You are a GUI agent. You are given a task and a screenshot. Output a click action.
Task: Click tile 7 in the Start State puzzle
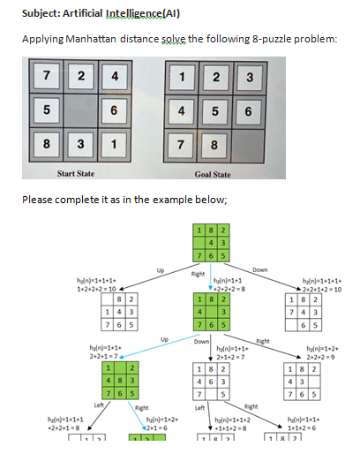tap(42, 77)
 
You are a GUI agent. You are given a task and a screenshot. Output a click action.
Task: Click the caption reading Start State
tap(78, 175)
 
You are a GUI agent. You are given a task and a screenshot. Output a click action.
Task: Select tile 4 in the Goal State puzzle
tap(181, 112)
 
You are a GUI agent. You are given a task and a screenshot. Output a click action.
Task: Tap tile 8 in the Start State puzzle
tap(42, 145)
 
